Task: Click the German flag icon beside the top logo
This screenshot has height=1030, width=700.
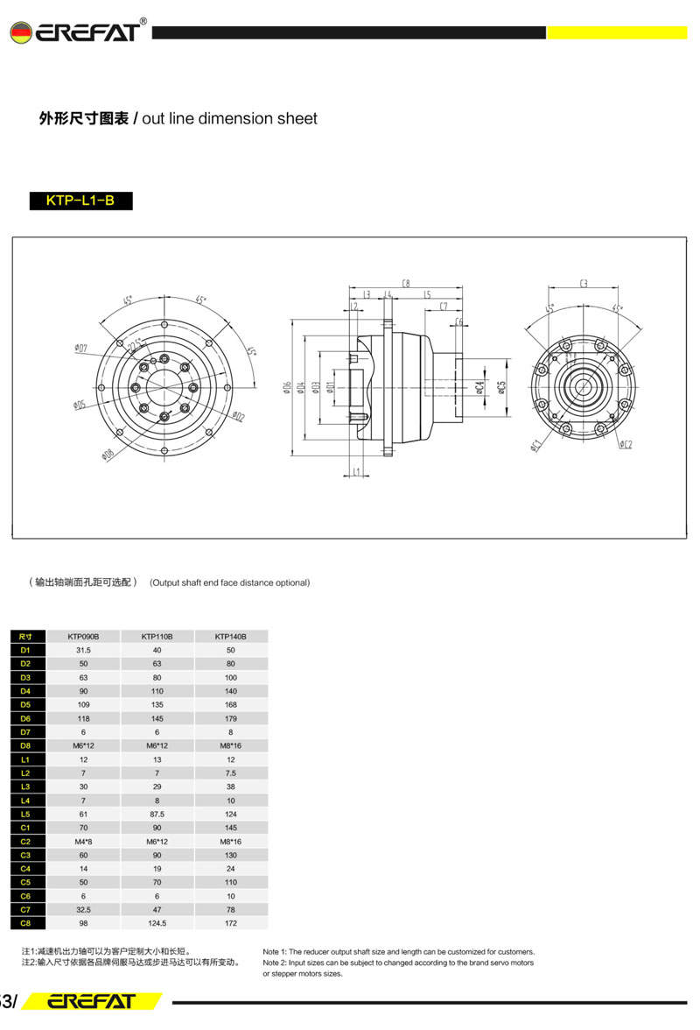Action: [x=19, y=33]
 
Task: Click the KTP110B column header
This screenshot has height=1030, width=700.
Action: [x=157, y=636]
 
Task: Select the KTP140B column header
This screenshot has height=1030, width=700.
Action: [x=230, y=636]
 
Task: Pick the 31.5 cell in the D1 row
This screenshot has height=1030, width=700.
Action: [x=83, y=650]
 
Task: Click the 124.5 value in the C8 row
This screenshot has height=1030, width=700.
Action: [x=157, y=923]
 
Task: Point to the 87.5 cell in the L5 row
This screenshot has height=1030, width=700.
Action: [x=157, y=814]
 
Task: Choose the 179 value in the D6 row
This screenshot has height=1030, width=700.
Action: [x=230, y=718]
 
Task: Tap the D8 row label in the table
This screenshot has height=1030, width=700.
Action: [x=25, y=745]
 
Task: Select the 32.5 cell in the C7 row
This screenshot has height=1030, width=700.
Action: [x=83, y=909]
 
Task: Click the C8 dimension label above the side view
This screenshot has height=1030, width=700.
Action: [x=406, y=284]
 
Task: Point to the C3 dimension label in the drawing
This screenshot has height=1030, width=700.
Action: [x=584, y=284]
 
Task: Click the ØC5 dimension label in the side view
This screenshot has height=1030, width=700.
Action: [x=500, y=386]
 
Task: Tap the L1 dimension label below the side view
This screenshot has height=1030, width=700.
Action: [x=356, y=473]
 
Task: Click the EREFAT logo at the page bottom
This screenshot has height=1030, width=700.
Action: [x=91, y=1001]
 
